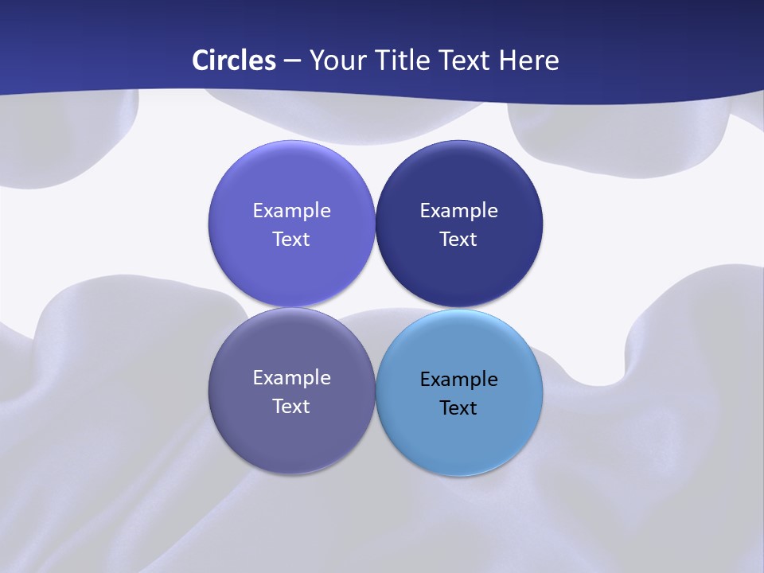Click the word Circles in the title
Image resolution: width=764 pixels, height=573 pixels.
[234, 60]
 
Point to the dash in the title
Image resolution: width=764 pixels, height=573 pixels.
[292, 61]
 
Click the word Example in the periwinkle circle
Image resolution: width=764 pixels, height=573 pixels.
[291, 211]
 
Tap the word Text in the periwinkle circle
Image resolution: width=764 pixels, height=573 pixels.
[291, 240]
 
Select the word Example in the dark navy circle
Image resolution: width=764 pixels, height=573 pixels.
[458, 211]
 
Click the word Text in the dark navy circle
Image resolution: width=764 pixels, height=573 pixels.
[458, 240]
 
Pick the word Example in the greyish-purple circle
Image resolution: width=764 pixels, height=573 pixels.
[291, 378]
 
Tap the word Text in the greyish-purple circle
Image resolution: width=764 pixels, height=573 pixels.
[291, 407]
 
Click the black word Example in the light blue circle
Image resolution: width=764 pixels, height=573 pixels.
[458, 380]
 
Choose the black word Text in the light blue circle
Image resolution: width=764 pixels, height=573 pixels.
[458, 408]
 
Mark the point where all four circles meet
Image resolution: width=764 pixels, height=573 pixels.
[375, 307]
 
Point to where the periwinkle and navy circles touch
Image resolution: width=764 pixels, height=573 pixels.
[375, 224]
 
